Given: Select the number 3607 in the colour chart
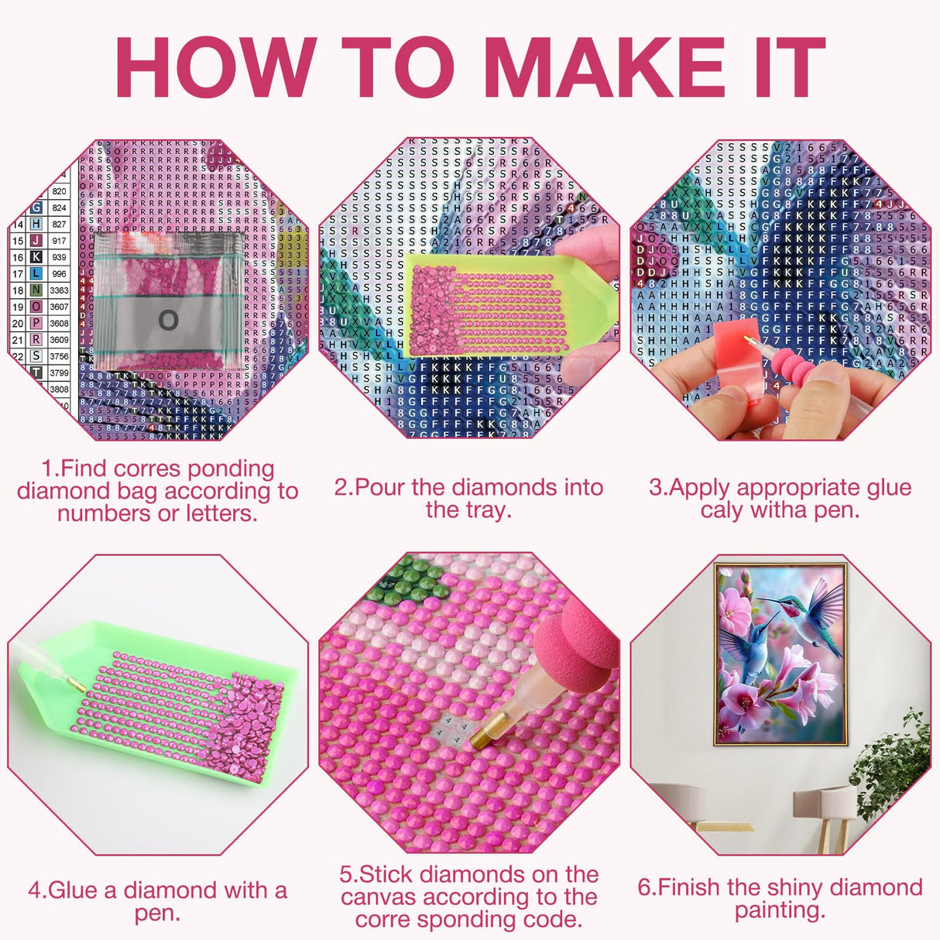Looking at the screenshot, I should (59, 307).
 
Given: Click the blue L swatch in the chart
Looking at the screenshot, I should (36, 273).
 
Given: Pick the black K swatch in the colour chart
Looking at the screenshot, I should (36, 257).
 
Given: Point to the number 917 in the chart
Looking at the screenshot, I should (59, 241).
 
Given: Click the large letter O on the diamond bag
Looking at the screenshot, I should (167, 319).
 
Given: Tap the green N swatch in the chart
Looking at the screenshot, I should (36, 290).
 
